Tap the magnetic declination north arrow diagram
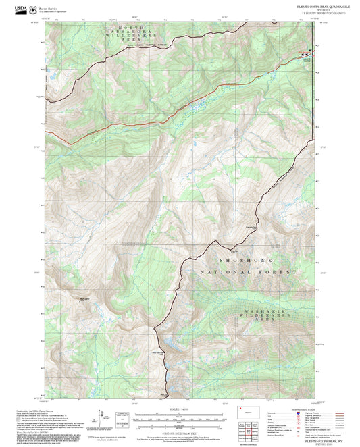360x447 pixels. point(104,417)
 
